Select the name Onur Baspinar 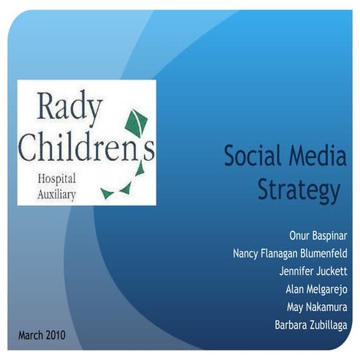point(318,236)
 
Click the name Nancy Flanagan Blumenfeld point(289,254)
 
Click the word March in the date point(31,336)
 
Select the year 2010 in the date point(56,336)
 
